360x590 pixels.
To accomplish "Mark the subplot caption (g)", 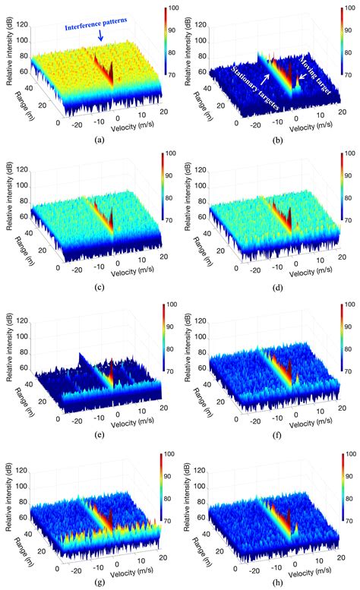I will click(97, 582).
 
